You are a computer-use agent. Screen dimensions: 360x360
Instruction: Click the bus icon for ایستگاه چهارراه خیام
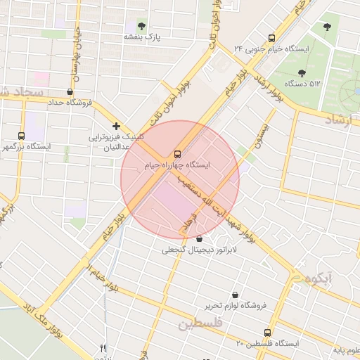click(x=176, y=153)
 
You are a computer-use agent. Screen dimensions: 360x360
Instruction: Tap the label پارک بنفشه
click(x=143, y=37)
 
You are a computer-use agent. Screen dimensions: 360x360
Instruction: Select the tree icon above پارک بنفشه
click(x=143, y=26)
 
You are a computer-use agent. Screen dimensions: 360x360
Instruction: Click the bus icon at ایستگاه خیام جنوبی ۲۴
click(x=272, y=39)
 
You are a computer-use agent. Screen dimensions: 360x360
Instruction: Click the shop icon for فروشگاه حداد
click(x=69, y=92)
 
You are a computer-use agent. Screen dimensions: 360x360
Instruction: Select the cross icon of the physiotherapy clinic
click(x=117, y=126)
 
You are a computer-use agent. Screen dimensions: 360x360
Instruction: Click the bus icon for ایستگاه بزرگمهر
click(x=20, y=135)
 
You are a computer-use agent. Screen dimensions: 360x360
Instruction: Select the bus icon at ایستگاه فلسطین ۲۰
click(x=267, y=333)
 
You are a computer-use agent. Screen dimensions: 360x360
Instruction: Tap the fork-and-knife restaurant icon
click(x=103, y=348)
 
